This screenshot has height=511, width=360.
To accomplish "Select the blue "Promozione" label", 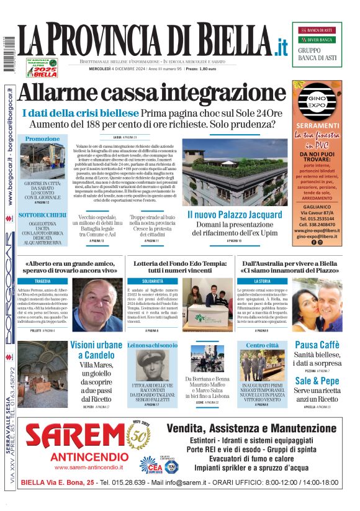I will point(43,138).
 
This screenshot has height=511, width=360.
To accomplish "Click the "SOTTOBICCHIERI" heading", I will point(43,214).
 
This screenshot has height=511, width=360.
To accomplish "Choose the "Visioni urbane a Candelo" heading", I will point(96,350).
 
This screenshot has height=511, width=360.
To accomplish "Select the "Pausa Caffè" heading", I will point(317,345).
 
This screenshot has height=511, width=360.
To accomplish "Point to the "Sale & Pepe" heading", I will point(317,381).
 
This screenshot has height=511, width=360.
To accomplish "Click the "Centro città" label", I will point(263,345).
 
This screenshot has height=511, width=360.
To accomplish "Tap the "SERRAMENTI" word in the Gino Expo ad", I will point(318,125).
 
